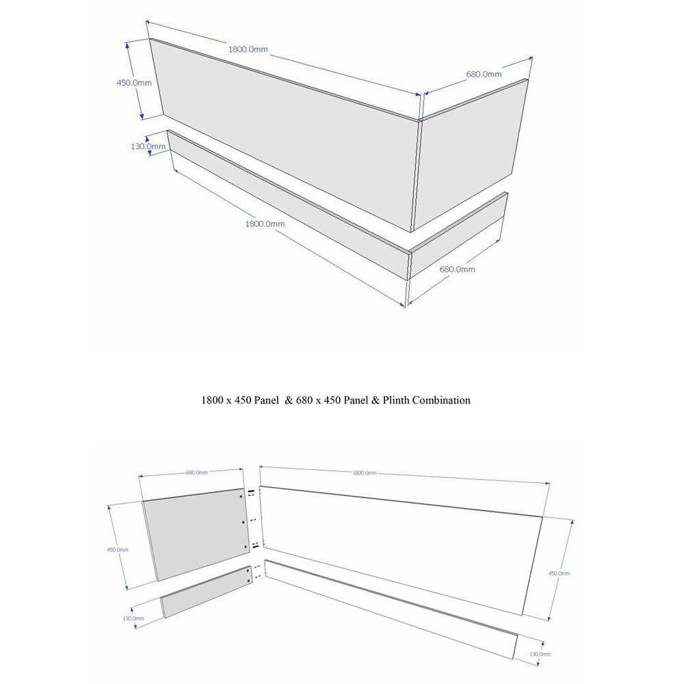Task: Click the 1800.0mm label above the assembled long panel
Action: click(248, 49)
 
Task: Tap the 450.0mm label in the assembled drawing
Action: click(134, 83)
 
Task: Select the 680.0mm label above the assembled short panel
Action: click(484, 74)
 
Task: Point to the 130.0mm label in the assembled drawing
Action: click(148, 146)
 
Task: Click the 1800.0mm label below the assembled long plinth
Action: click(265, 224)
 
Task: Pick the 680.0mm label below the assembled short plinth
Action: click(457, 269)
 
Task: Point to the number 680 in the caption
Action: click(304, 400)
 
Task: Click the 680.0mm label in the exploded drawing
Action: click(197, 473)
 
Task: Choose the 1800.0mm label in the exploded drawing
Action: click(365, 473)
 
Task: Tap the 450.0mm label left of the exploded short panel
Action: click(118, 550)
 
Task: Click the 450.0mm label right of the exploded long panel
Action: click(560, 573)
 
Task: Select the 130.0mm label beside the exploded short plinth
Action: click(133, 618)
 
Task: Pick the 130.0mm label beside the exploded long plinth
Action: click(540, 654)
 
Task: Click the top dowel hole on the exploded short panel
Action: click(241, 497)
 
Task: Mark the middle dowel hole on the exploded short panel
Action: click(243, 522)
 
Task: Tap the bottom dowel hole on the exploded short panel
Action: click(245, 547)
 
